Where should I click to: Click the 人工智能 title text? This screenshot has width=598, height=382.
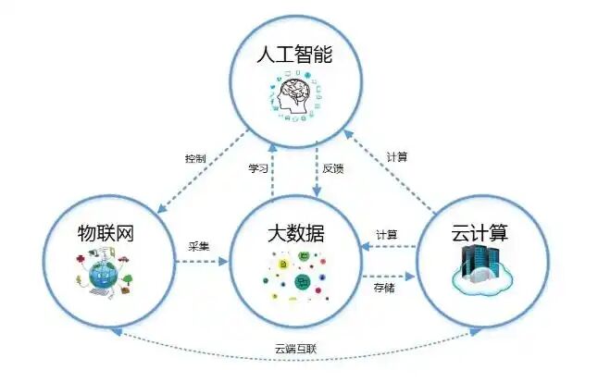click(x=294, y=54)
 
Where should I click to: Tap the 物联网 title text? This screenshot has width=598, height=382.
click(x=106, y=233)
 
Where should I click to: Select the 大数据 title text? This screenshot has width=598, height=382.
click(x=296, y=233)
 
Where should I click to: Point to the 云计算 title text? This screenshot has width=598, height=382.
click(x=480, y=232)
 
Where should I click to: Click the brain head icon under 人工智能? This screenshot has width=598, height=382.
click(x=294, y=96)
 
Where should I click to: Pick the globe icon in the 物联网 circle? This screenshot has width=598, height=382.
click(x=104, y=273)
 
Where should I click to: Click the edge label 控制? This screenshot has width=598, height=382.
click(x=195, y=158)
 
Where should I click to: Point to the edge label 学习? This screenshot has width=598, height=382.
click(x=258, y=168)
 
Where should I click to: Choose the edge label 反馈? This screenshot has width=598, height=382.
click(x=333, y=168)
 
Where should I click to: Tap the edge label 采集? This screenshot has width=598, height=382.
click(x=199, y=247)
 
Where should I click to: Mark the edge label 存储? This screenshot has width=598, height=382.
click(x=384, y=288)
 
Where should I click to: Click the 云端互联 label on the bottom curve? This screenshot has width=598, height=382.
click(x=296, y=349)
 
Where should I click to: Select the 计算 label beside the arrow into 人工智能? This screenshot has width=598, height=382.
click(x=397, y=156)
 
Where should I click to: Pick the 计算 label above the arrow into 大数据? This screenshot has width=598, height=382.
click(x=387, y=235)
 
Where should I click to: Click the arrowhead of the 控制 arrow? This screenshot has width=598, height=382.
click(x=162, y=208)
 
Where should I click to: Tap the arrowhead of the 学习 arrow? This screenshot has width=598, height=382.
click(x=273, y=148)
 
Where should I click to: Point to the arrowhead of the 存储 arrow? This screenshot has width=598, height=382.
click(x=410, y=277)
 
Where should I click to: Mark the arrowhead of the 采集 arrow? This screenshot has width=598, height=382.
click(x=223, y=262)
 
